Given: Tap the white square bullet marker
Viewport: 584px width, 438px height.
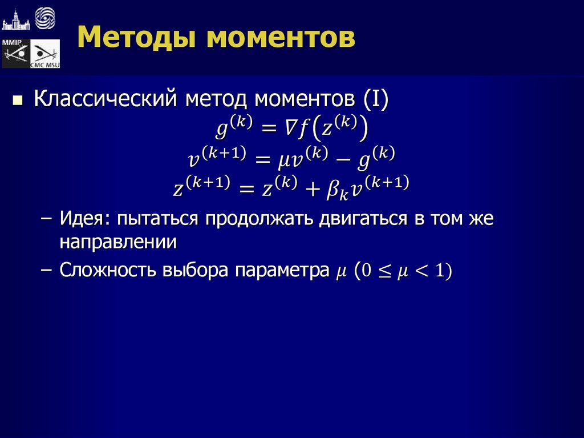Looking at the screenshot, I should point(18,102).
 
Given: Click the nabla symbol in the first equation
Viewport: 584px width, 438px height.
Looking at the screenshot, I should point(290,130).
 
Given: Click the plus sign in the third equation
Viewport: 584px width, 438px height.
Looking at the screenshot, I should point(311,188).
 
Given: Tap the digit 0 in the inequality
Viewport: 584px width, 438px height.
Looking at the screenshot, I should point(366,271).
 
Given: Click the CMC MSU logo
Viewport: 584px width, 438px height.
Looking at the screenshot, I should point(44,54).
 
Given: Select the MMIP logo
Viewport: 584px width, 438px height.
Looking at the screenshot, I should point(15,54).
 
